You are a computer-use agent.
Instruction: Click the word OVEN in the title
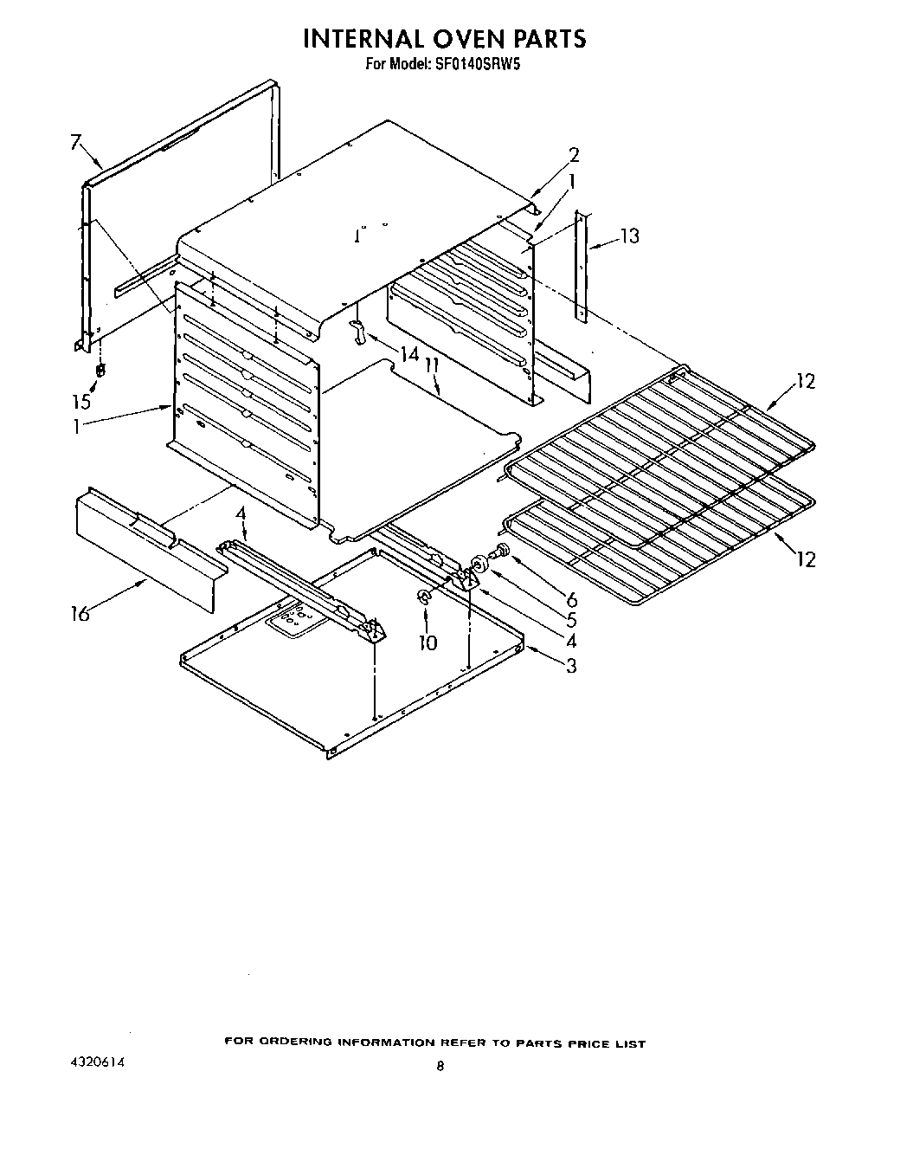[x=440, y=38]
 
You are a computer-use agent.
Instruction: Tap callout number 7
[x=76, y=142]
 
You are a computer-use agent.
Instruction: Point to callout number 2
[x=573, y=156]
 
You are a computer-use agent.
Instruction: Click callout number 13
[x=630, y=236]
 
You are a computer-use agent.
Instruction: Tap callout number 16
[x=80, y=615]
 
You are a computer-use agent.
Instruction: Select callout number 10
[x=428, y=642]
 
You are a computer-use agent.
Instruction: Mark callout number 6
[x=571, y=599]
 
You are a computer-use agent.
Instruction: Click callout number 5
[x=571, y=620]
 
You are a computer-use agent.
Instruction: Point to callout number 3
[x=571, y=666]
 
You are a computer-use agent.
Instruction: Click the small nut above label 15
[x=100, y=370]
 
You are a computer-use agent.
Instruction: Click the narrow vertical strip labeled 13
[x=582, y=268]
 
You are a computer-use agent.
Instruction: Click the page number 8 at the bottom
[x=440, y=1068]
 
